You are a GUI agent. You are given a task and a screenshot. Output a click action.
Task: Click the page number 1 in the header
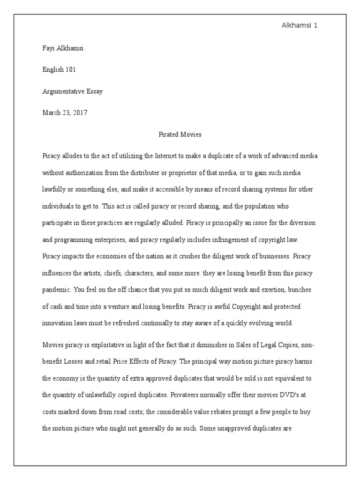(316, 25)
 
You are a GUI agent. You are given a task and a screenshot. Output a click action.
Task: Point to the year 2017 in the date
(79, 112)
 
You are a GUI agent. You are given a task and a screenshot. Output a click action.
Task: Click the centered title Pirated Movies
(180, 135)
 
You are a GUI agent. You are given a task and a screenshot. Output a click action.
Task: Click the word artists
(100, 273)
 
